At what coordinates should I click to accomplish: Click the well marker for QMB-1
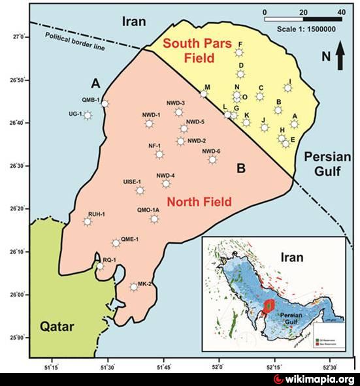click(105, 103)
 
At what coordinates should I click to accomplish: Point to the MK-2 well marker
click(134, 287)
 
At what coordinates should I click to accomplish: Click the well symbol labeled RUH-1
click(87, 222)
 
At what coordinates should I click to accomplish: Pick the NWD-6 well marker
click(212, 159)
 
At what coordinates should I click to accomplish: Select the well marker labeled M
click(204, 94)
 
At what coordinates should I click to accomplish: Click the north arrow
click(340, 56)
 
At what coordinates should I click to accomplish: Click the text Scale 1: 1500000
click(306, 29)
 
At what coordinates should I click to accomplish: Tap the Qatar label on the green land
click(56, 327)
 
